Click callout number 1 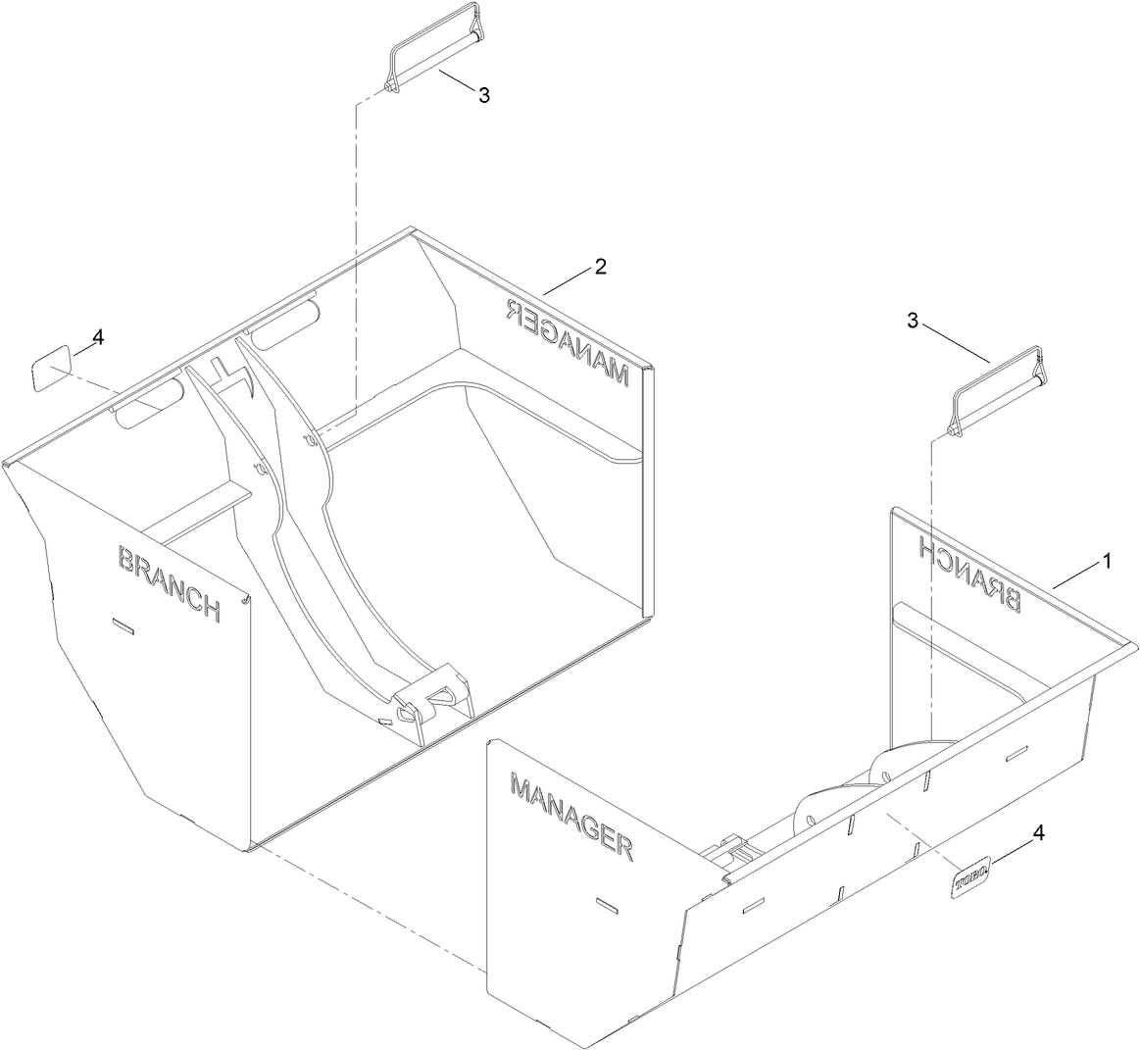click(1106, 562)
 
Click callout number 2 click(600, 266)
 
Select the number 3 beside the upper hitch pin click(483, 95)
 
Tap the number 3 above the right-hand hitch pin click(913, 321)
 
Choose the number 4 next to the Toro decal click(1039, 834)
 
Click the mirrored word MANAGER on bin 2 click(566, 342)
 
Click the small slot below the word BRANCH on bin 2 click(124, 626)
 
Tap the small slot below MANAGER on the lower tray click(607, 905)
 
